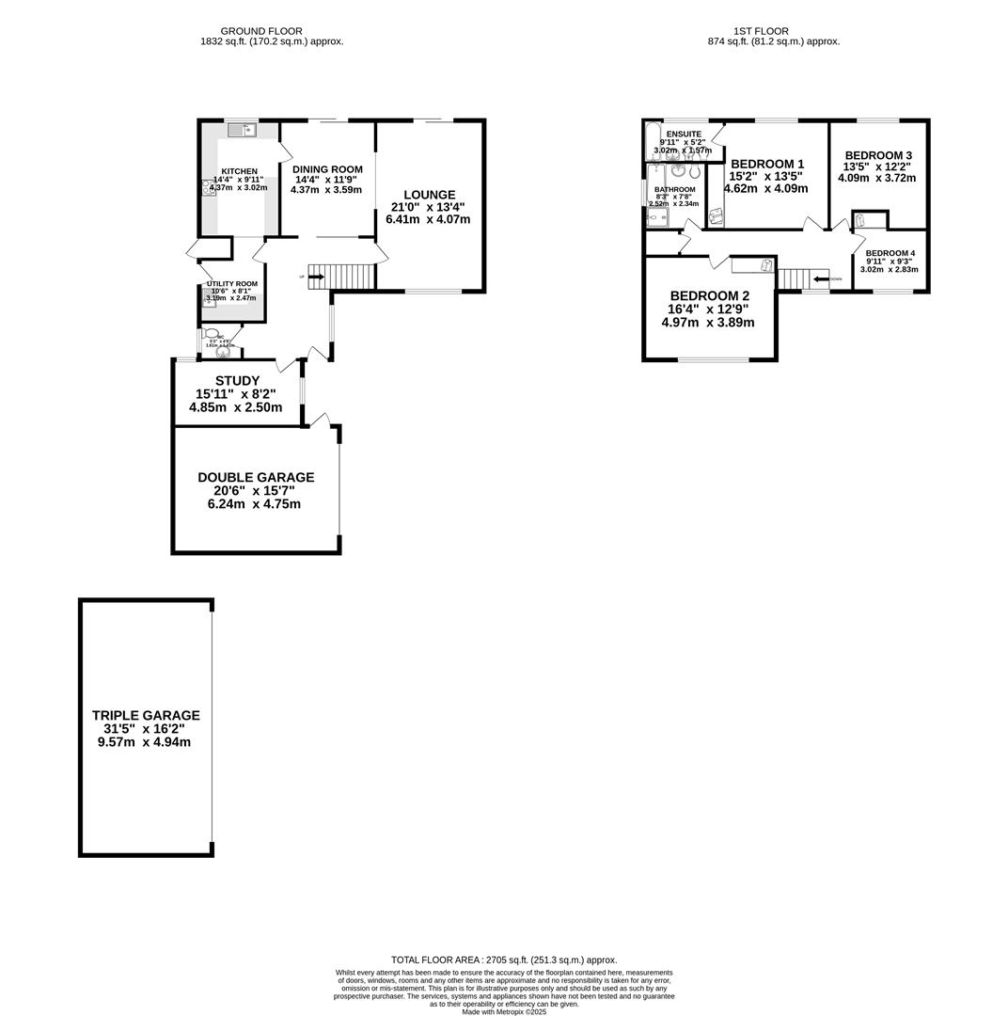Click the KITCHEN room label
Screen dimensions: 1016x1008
point(239,171)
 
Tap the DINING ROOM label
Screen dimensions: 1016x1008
point(326,169)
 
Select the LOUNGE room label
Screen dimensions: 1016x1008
point(429,195)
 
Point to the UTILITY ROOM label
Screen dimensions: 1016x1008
point(232,284)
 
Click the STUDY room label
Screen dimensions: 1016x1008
point(237,381)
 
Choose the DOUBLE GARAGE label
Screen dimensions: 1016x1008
point(255,478)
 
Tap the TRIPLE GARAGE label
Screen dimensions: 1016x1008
point(145,715)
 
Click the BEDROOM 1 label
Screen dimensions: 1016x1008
point(767,164)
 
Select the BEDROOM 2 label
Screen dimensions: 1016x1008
point(709,295)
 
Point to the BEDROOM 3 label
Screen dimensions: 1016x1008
point(877,155)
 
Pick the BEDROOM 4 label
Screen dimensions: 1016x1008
point(890,253)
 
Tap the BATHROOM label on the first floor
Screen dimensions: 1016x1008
point(674,189)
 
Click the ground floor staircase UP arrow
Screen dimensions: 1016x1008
point(315,277)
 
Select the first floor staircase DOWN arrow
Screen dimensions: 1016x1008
point(822,279)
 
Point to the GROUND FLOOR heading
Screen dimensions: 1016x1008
point(260,31)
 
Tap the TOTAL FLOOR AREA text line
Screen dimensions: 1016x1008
point(503,960)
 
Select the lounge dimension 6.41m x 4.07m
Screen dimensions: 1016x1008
point(428,219)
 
